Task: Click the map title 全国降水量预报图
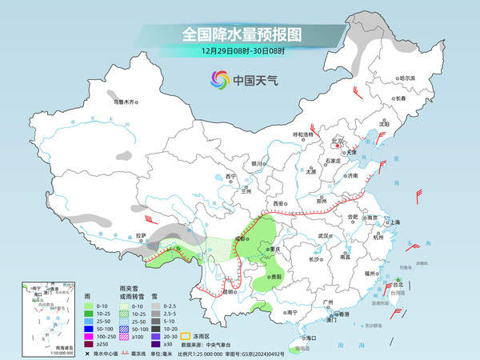(239, 34)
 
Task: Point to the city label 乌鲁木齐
(126, 102)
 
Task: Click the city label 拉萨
(141, 235)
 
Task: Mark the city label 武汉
(323, 236)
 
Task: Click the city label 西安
(279, 205)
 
